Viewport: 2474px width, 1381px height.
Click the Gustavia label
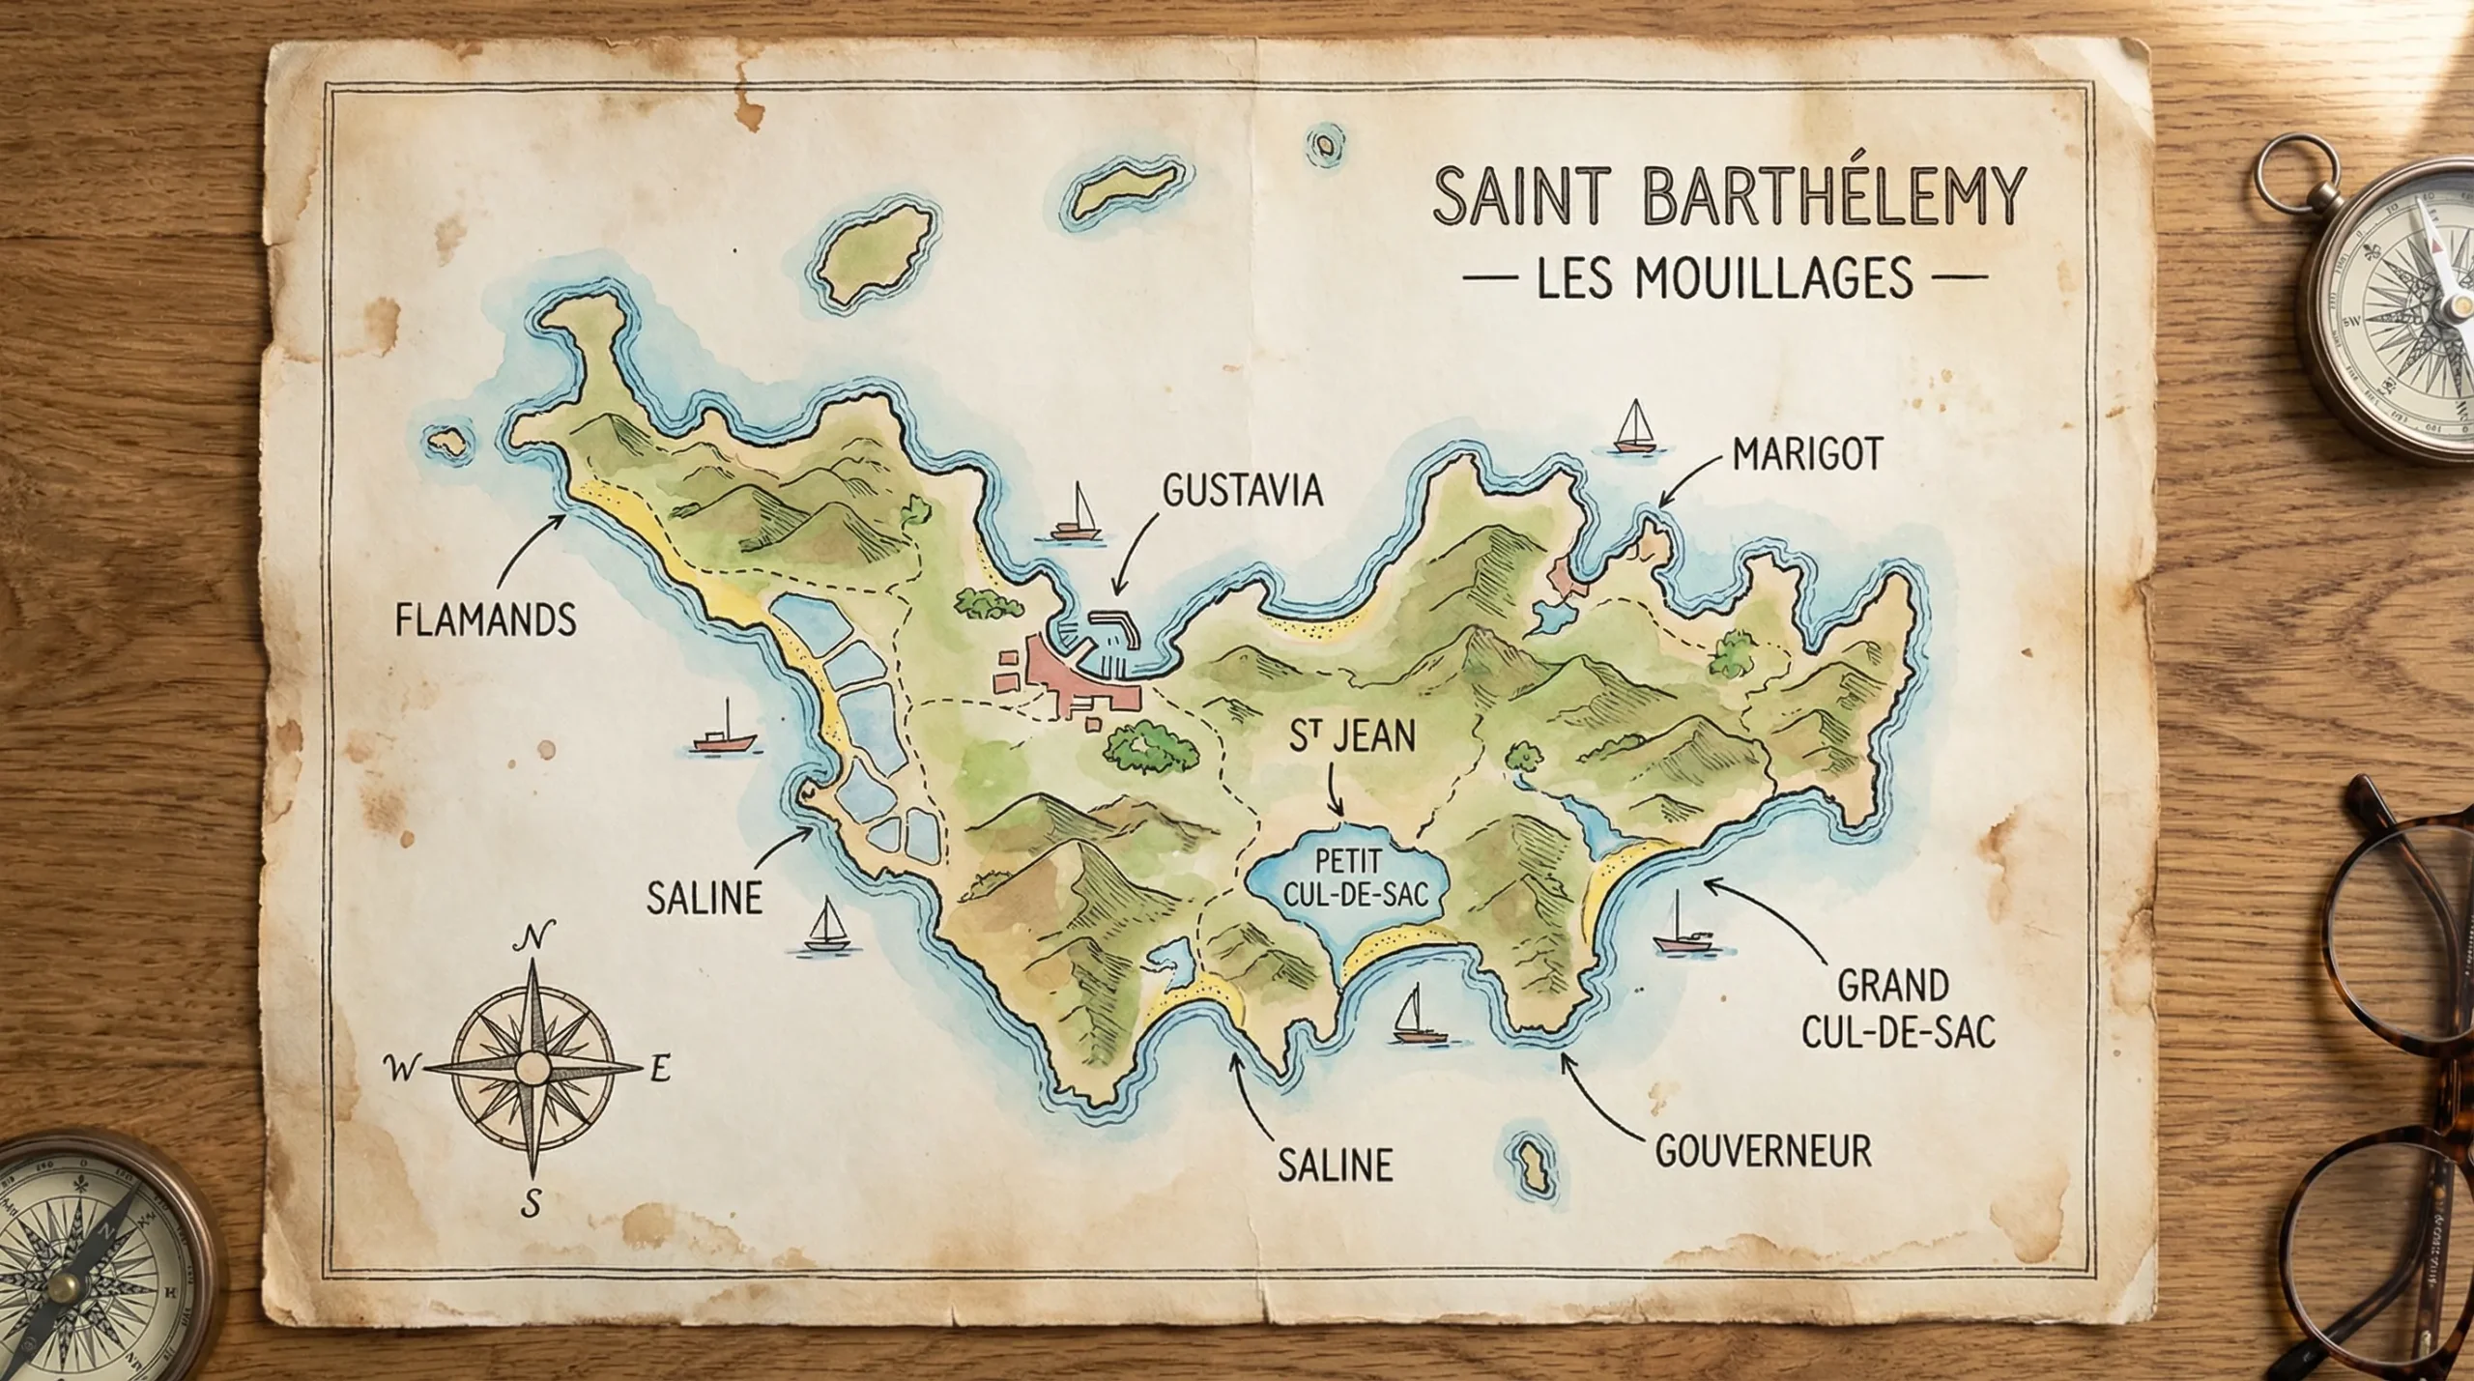coord(1241,491)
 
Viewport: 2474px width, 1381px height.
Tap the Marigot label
coord(1807,454)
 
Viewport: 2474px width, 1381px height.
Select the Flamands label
coord(485,619)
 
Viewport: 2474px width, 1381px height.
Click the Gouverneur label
coord(1763,1151)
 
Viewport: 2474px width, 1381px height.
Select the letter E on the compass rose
coord(660,1070)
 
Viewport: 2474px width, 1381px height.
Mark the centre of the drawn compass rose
coord(531,1068)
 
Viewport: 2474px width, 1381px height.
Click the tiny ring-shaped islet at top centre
coord(1323,146)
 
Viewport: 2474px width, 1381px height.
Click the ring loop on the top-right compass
coord(2302,166)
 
